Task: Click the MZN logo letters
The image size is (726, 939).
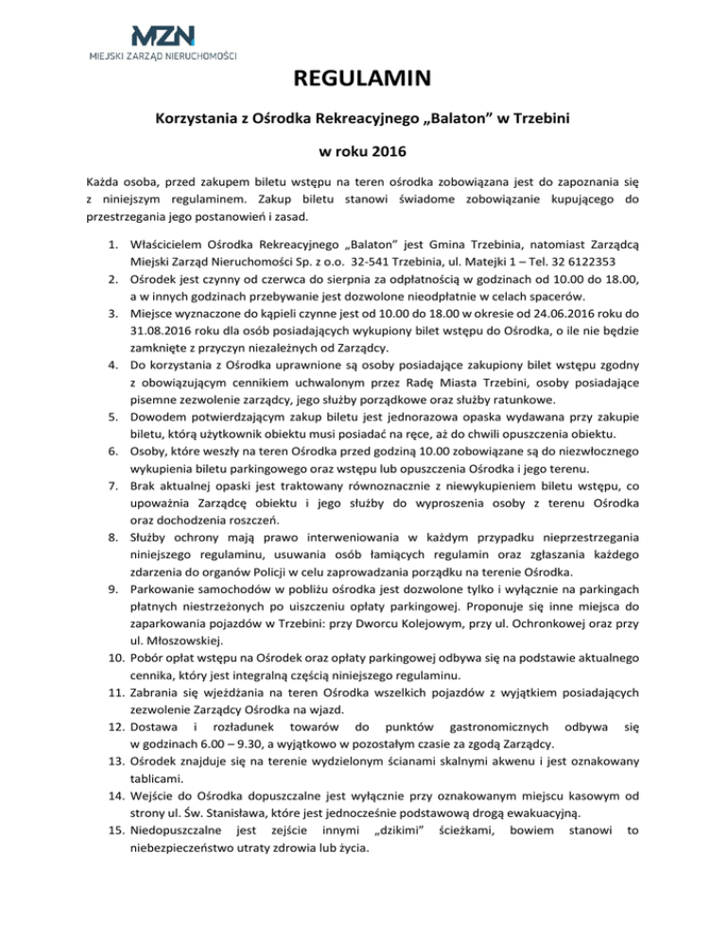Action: click(x=163, y=36)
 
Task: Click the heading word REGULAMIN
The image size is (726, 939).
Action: click(x=362, y=79)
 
